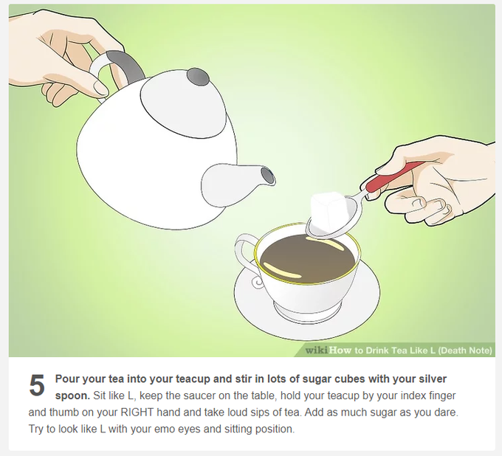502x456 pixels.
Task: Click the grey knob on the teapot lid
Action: click(x=198, y=77)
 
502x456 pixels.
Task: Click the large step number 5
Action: click(x=37, y=385)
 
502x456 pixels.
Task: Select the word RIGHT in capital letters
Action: click(x=137, y=412)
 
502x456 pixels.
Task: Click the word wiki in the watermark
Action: click(x=316, y=350)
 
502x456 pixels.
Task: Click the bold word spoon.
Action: click(x=72, y=396)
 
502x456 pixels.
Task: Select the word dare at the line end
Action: click(x=447, y=412)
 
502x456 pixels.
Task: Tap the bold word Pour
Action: click(x=68, y=379)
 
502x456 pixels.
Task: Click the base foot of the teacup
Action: click(x=297, y=311)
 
